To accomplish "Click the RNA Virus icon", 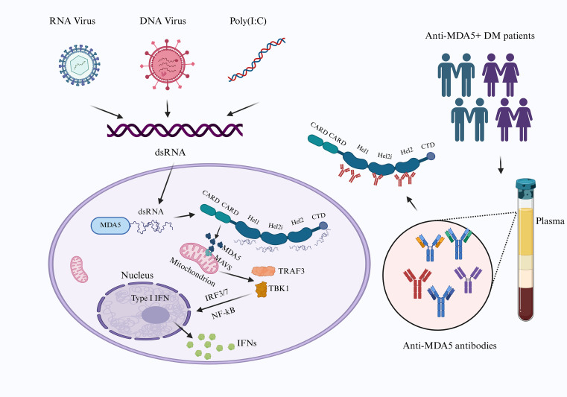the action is [80, 65].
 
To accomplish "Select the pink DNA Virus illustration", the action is [167, 64].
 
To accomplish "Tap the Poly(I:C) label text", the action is [248, 21].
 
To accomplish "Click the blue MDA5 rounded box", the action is [110, 225].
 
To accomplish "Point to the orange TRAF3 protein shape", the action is [263, 271].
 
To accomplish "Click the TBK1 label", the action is [279, 288].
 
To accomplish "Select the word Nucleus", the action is [137, 275].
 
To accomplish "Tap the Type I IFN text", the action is [150, 298].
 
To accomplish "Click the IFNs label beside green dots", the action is [247, 343].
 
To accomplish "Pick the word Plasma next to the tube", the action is [550, 221].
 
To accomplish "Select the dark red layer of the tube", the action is [526, 303].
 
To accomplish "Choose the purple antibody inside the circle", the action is [468, 279].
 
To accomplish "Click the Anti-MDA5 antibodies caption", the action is [449, 346].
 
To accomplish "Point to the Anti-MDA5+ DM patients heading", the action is [480, 36].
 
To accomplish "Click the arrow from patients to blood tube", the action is [501, 165].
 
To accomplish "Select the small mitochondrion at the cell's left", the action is [79, 269].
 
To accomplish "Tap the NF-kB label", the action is [223, 313].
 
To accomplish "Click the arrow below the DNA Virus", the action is [167, 109].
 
